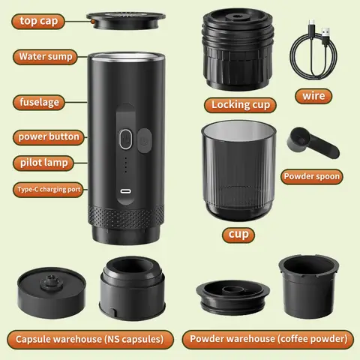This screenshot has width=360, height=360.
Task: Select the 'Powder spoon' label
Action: (x=312, y=177)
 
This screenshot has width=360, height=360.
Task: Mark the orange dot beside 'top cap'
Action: (x=91, y=22)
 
